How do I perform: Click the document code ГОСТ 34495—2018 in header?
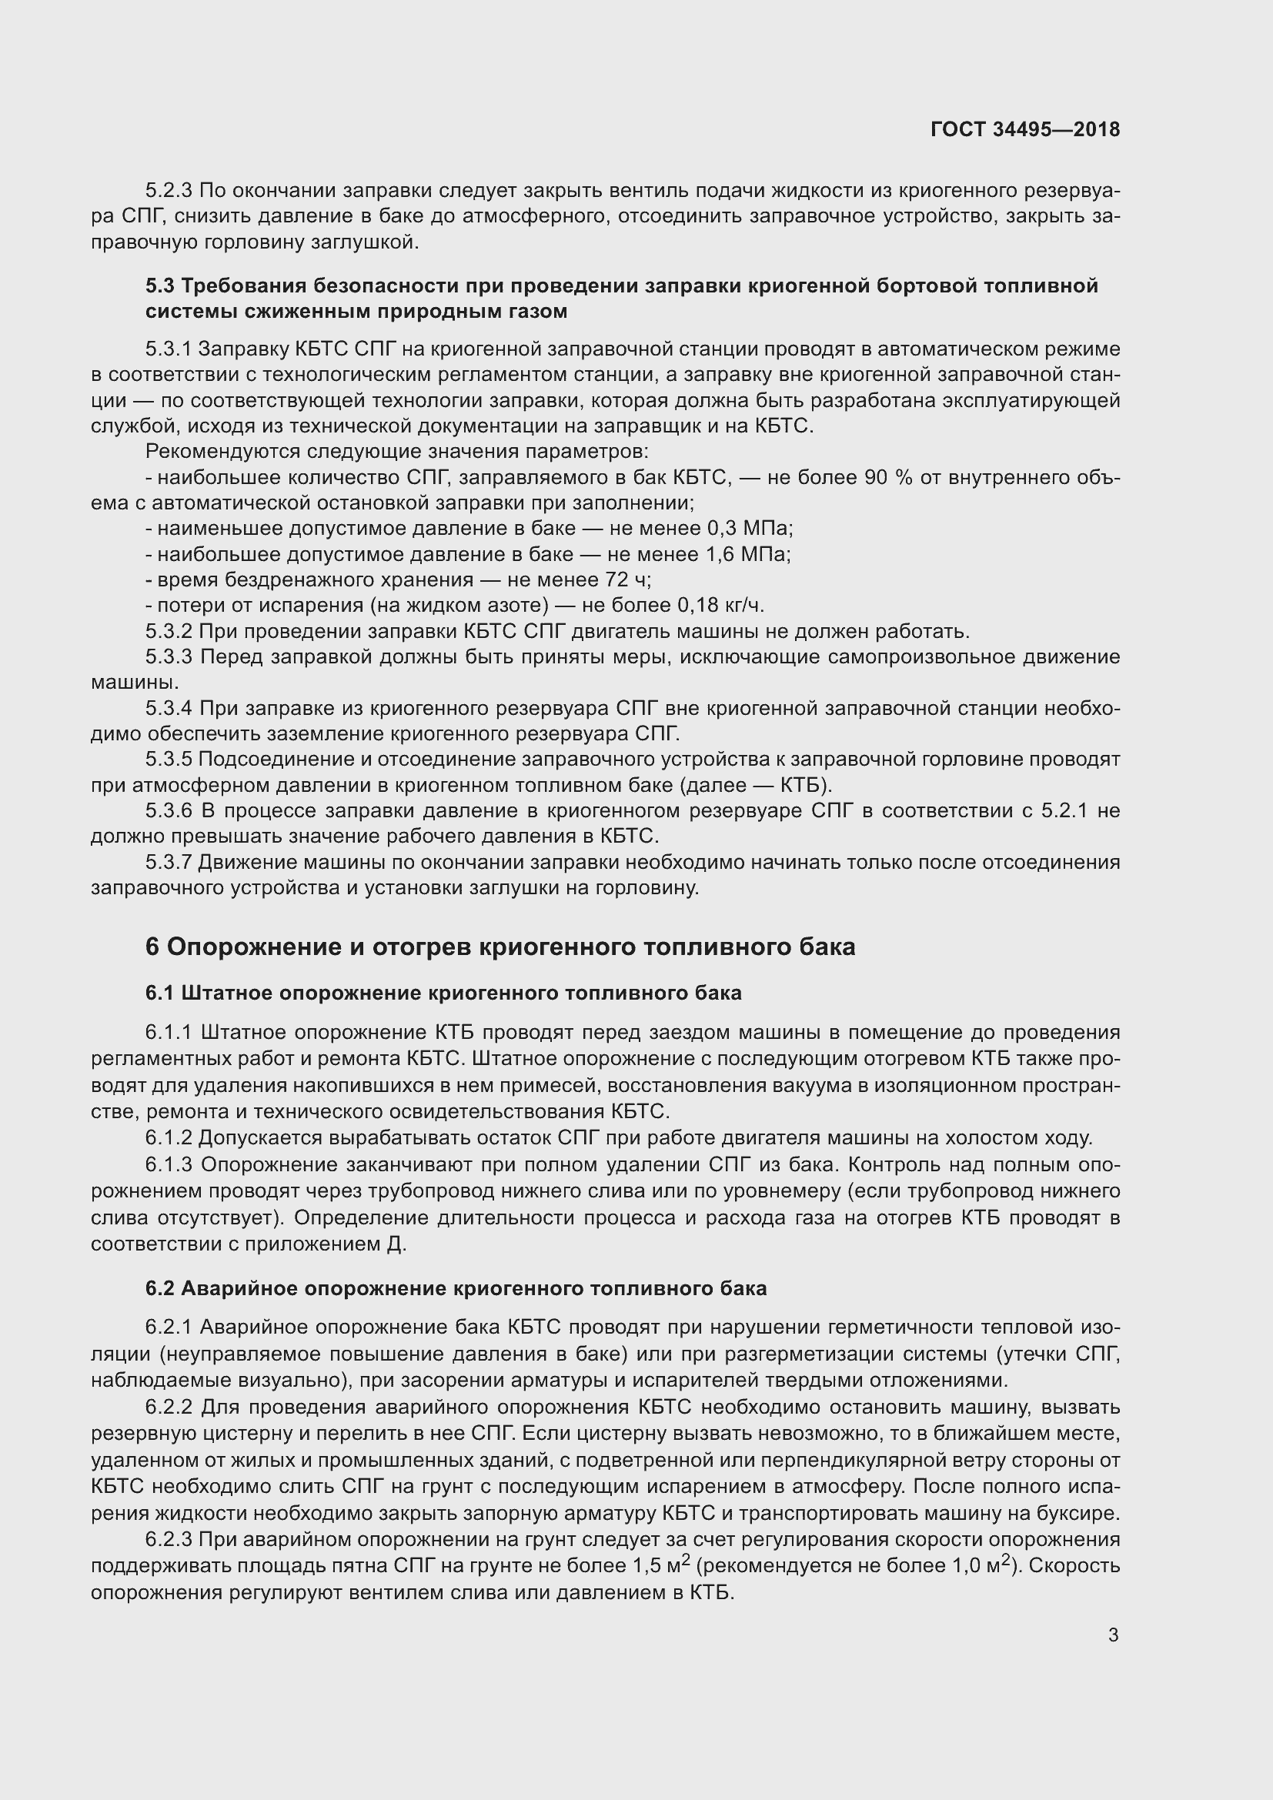click(x=1024, y=129)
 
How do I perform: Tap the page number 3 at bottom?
click(x=1113, y=1635)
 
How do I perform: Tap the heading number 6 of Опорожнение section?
click(x=152, y=947)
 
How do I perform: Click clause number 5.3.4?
click(x=169, y=709)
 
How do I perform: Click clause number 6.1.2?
click(x=169, y=1137)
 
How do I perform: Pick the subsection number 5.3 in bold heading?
click(x=160, y=286)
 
